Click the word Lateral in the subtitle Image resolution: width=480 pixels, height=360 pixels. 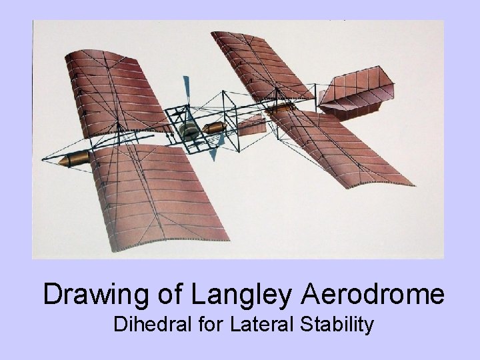pos(263,326)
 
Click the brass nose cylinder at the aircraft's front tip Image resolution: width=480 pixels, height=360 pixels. pos(74,161)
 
